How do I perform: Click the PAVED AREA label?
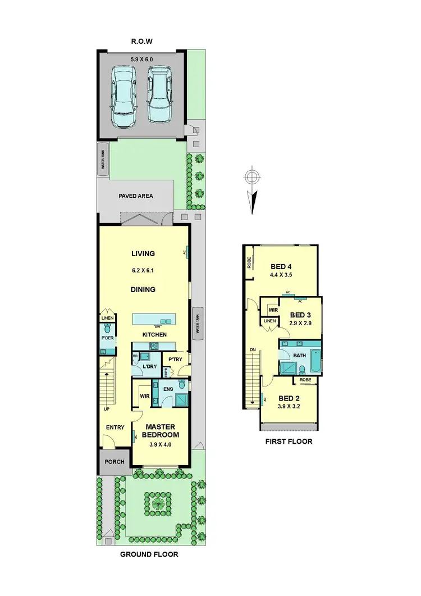coord(136,196)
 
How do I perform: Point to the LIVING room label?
coord(143,254)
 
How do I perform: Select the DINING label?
coord(143,290)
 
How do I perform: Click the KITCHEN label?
coord(154,335)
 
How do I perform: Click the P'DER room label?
coord(108,338)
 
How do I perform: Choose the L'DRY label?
coord(149,366)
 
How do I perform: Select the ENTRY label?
coord(115,427)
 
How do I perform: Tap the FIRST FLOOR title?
coord(289,442)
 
